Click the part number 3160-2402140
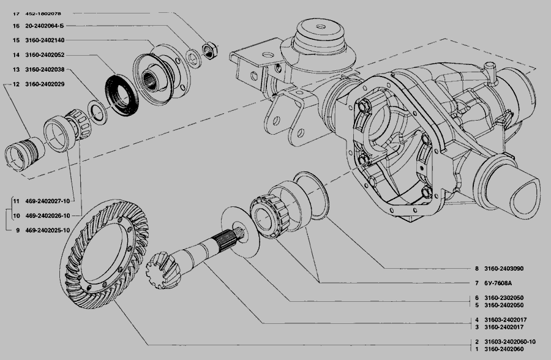tap(45, 40)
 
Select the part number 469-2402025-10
tap(47, 230)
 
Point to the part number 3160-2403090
tap(504, 269)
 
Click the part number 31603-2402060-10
tap(510, 342)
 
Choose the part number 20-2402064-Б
tap(45, 26)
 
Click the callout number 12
tap(16, 84)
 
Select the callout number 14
tap(16, 55)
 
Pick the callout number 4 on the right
tap(477, 320)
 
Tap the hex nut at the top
tap(210, 50)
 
